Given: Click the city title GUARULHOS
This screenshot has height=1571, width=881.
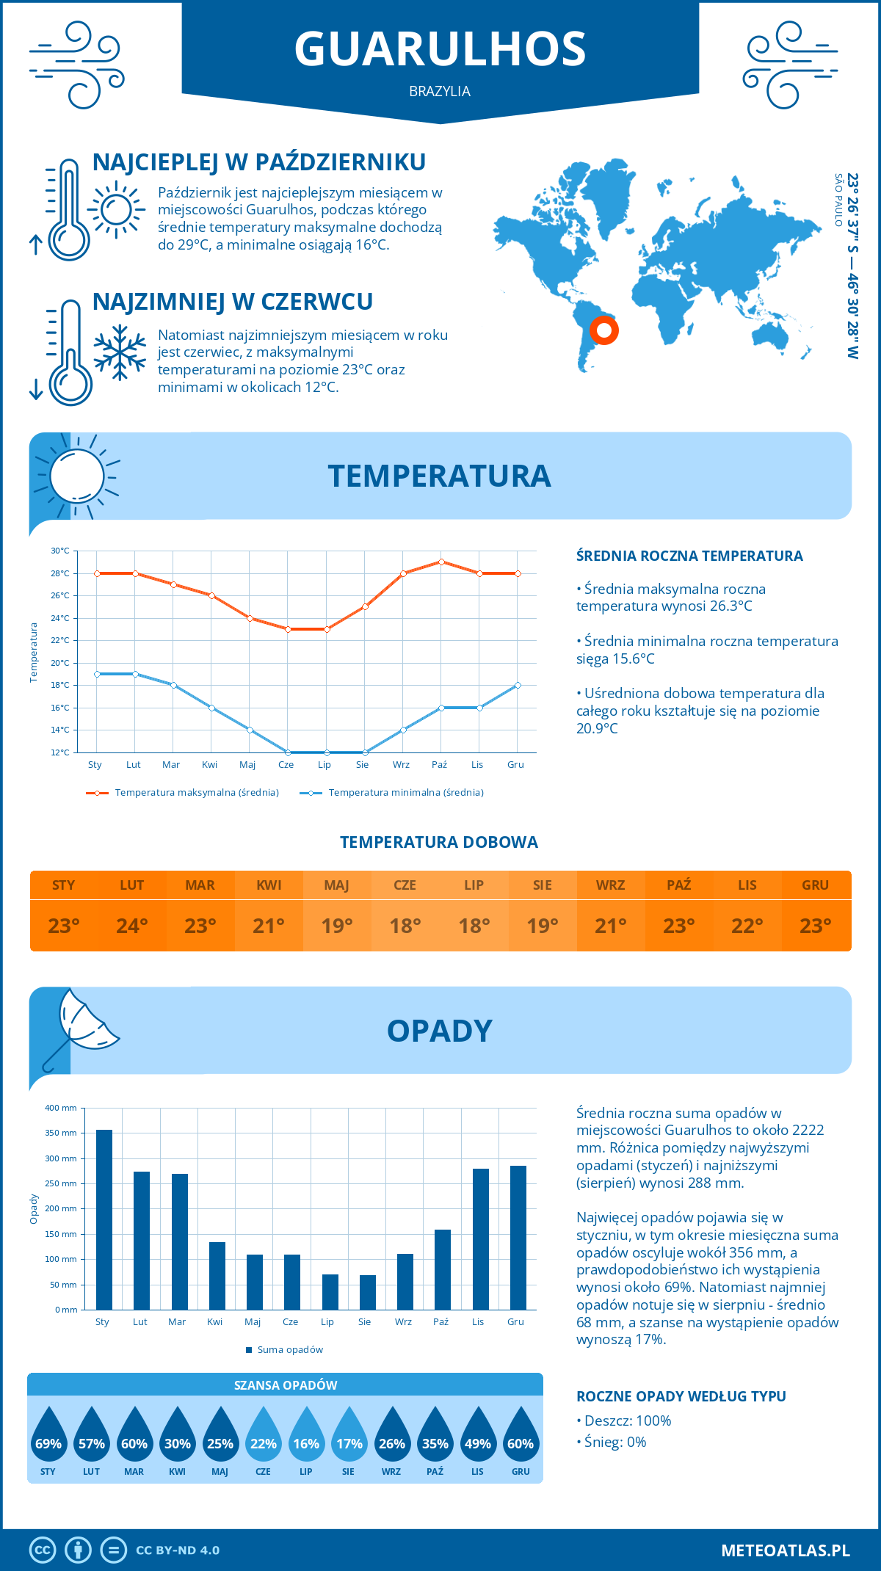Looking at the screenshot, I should (x=440, y=49).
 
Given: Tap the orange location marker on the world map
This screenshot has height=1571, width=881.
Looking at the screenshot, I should (x=604, y=330).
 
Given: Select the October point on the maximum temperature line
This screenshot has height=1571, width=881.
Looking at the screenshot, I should (x=441, y=562).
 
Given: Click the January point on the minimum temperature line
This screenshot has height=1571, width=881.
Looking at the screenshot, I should (x=97, y=674).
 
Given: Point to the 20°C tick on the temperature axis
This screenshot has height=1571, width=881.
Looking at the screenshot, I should (x=60, y=663).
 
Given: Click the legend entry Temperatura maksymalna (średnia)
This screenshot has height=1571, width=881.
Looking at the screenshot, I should (x=196, y=793).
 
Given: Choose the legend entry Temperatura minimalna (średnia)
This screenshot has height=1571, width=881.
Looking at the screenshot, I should (x=405, y=793).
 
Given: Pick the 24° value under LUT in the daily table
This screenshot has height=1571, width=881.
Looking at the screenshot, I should (x=132, y=926).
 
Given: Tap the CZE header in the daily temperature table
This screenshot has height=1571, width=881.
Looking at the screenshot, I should (x=405, y=885).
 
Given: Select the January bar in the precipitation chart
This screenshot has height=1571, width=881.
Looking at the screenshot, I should (x=104, y=1219).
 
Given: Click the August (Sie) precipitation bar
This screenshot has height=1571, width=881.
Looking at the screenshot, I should (x=368, y=1292).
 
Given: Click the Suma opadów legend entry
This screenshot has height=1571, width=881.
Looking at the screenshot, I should (x=289, y=1349).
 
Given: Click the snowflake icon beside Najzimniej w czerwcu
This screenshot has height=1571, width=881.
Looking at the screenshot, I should (x=120, y=352).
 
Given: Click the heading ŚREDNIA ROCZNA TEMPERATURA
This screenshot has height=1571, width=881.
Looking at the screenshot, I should (x=689, y=556).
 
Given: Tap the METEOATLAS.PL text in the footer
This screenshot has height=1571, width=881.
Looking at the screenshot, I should (x=785, y=1550).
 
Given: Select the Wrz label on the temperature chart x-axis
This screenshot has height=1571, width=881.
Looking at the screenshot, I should (x=401, y=765).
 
